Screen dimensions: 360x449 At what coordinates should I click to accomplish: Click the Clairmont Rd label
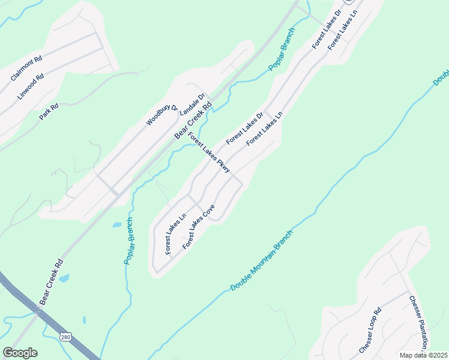(26, 68)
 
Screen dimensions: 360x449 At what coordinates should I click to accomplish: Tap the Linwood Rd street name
(31, 86)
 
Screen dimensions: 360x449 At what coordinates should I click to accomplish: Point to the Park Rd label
(49, 112)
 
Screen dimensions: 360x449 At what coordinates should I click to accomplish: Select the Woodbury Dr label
(162, 115)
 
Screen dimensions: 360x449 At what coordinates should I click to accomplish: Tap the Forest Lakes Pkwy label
(209, 152)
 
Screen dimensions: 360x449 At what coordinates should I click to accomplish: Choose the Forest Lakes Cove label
(199, 227)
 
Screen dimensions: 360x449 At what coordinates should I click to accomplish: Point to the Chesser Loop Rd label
(370, 331)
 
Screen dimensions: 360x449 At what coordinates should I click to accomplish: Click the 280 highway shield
(65, 338)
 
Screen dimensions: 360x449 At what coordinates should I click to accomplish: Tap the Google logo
(20, 353)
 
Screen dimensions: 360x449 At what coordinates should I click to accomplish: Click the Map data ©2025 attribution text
(424, 355)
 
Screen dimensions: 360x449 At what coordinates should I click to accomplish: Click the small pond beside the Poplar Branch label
(116, 225)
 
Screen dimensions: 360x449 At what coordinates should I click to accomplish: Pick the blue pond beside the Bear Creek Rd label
(64, 278)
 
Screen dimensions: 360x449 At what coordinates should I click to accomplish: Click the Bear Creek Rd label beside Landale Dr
(193, 120)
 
